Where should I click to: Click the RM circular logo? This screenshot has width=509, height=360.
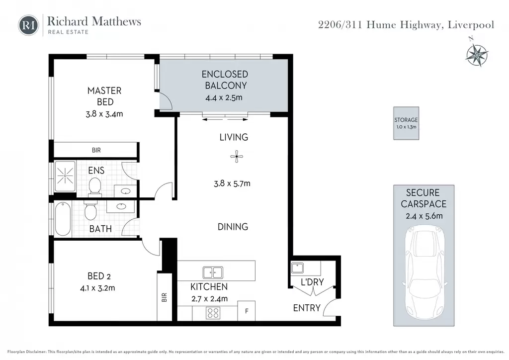(x=28, y=25)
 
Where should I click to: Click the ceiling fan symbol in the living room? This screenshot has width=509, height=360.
(x=237, y=157)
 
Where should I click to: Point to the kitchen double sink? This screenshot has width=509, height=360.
(x=213, y=272)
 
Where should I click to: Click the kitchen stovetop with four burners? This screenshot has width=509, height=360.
(x=213, y=313)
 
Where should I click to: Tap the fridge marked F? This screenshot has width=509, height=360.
(x=247, y=311)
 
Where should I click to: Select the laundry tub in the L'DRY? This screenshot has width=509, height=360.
(x=297, y=268)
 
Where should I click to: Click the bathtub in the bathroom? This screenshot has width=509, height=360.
(x=63, y=219)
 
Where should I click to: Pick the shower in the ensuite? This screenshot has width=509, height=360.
(x=65, y=176)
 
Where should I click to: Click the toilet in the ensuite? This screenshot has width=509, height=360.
(x=95, y=186)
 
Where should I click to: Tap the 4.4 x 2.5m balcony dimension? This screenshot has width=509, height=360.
(x=224, y=97)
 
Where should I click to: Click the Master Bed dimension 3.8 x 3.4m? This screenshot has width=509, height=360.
(x=104, y=114)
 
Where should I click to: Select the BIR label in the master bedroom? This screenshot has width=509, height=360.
(x=96, y=150)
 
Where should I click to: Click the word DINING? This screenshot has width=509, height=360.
(x=233, y=227)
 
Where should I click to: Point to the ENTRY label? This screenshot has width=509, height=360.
(x=307, y=308)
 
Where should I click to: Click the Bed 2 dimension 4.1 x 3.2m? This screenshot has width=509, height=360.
(x=97, y=288)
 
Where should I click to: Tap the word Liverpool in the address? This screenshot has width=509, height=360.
(x=471, y=25)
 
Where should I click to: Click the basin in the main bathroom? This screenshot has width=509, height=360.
(x=121, y=206)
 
